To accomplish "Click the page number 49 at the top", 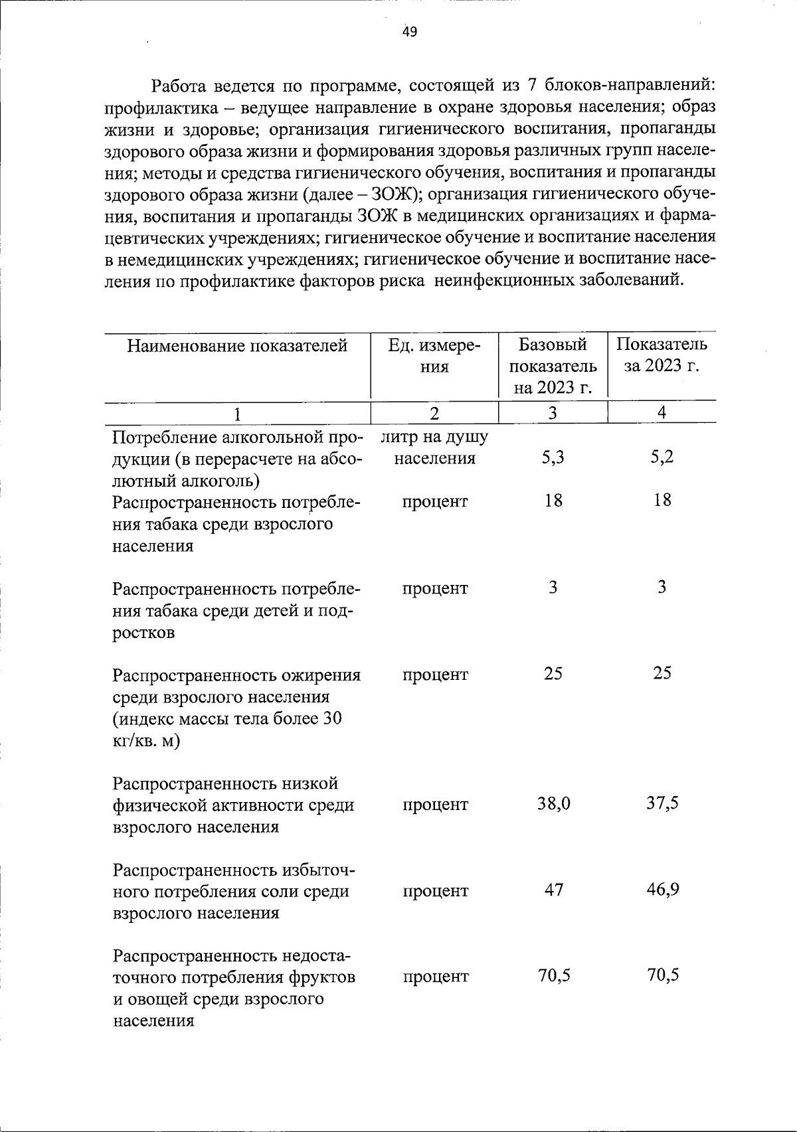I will [410, 31].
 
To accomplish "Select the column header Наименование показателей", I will [237, 345].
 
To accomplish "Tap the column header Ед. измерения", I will [434, 356].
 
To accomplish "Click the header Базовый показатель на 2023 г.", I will [553, 366].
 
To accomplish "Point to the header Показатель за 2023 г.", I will [662, 356].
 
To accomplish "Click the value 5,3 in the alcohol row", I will [553, 458].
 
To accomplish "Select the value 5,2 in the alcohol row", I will [662, 458].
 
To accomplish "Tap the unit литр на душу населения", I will [434, 447].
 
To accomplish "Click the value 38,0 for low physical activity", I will [553, 805].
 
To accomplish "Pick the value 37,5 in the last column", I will [662, 804].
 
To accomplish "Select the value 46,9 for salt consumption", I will [663, 890].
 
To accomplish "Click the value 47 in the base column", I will [553, 890].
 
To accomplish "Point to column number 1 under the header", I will [237, 413].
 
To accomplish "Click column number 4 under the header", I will [662, 412].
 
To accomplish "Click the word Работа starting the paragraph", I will [180, 86].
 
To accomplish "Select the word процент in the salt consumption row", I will [434, 891].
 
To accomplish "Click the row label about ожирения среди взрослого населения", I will [236, 708].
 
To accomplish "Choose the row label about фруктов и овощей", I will [234, 987].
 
